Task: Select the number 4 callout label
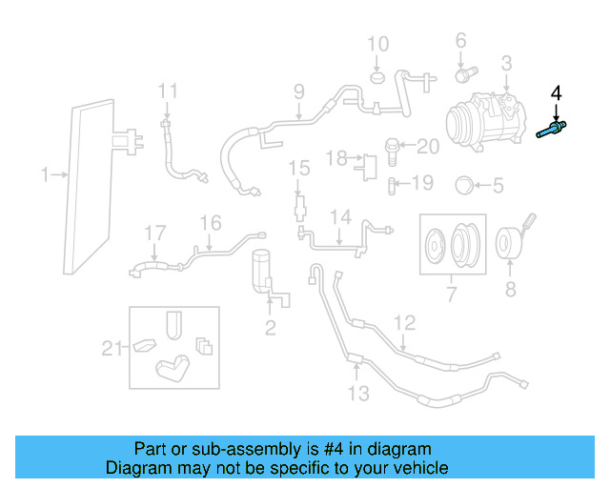[557, 93]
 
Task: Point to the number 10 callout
[378, 44]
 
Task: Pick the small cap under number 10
[377, 75]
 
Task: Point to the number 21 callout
[113, 349]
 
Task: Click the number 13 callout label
[356, 393]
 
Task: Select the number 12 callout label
[405, 323]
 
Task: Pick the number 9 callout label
[298, 92]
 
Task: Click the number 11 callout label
[168, 91]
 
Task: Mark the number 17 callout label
[154, 232]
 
